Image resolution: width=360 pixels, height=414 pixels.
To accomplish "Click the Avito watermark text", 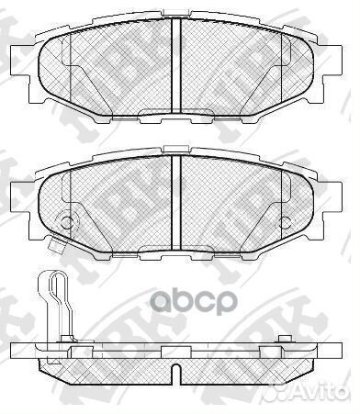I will tap(321, 400).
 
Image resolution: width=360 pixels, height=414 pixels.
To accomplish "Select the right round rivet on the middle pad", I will tap(287, 221).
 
